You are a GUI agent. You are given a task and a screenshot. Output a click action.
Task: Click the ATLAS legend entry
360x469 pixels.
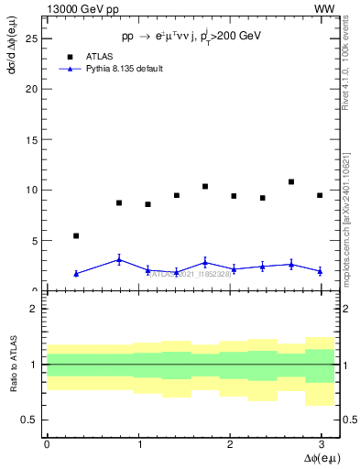tap(101, 56)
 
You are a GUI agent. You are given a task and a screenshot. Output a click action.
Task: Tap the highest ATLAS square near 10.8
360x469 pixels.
tap(291, 182)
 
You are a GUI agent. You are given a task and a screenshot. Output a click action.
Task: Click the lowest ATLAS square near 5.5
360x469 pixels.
tap(76, 235)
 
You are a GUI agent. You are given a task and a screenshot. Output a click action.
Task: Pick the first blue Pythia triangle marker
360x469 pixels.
tap(76, 274)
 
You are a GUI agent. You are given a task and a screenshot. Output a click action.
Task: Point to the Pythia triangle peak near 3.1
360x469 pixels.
tap(119, 260)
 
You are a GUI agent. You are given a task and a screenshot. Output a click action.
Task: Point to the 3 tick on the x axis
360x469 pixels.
tap(321, 444)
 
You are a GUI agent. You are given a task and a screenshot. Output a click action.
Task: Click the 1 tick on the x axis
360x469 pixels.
tap(138, 444)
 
